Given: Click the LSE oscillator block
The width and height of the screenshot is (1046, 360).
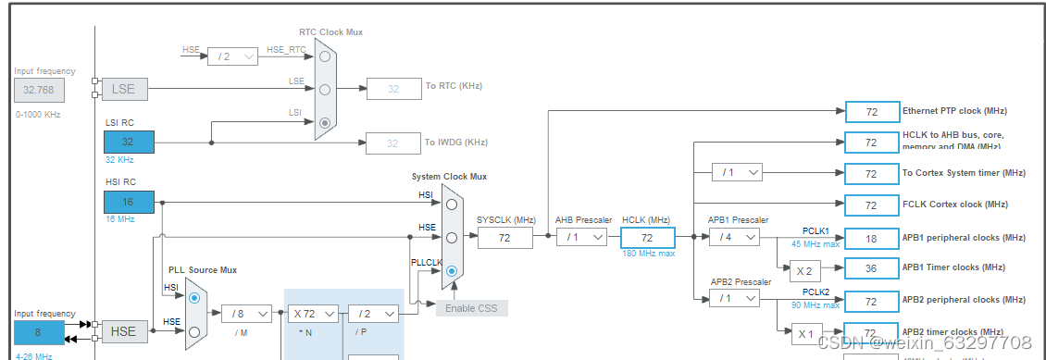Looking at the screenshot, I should pos(124,90).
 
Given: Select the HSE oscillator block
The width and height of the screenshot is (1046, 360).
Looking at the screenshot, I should pos(124,331).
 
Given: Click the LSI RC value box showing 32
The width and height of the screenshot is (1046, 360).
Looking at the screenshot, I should pos(129,142).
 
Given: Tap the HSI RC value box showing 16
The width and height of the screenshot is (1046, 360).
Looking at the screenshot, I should pos(129,203).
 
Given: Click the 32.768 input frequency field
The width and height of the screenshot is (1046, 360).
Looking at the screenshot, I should pos(39,90).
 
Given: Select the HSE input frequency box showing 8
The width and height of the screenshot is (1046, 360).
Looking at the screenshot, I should pos(39,331).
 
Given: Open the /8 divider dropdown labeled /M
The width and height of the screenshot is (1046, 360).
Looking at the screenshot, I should pos(246,314).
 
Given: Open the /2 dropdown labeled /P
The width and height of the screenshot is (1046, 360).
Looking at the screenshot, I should pos(374,314).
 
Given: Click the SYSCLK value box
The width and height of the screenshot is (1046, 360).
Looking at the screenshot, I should pos(505,238).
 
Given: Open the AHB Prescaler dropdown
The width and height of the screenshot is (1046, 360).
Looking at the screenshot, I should pos(581,238).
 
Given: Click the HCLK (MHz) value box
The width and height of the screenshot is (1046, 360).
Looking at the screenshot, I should pos(648,238).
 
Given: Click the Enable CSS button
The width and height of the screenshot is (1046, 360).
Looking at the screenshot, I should pos(472,307).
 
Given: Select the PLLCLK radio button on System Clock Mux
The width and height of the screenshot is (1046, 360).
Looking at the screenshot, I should pos(451,271).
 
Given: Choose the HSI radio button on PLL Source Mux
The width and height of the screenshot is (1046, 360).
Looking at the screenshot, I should pos(194,299).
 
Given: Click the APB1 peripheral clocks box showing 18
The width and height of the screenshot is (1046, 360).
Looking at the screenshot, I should pos(871,238).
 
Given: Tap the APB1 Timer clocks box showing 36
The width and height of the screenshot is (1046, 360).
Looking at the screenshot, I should pos(871,268).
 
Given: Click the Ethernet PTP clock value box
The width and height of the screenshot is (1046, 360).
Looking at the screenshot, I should pos(871,112).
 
